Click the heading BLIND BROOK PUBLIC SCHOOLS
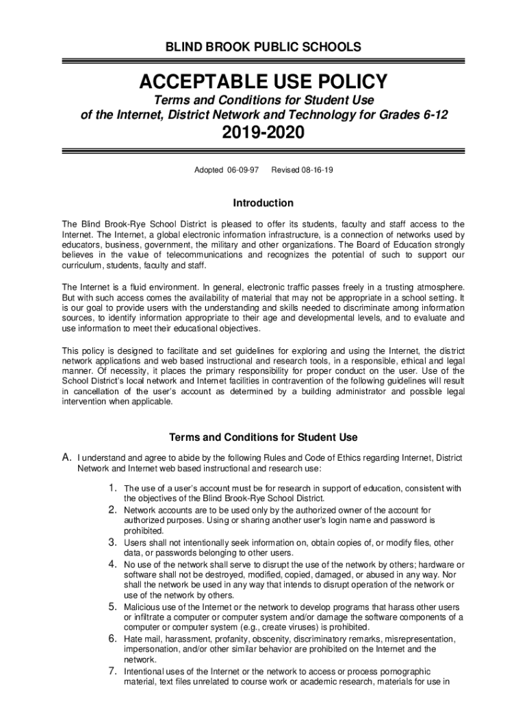(263, 47)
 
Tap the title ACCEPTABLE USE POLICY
(263, 84)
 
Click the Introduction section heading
(263, 203)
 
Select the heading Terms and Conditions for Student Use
(263, 437)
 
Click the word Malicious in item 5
(144, 607)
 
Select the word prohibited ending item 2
(144, 531)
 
